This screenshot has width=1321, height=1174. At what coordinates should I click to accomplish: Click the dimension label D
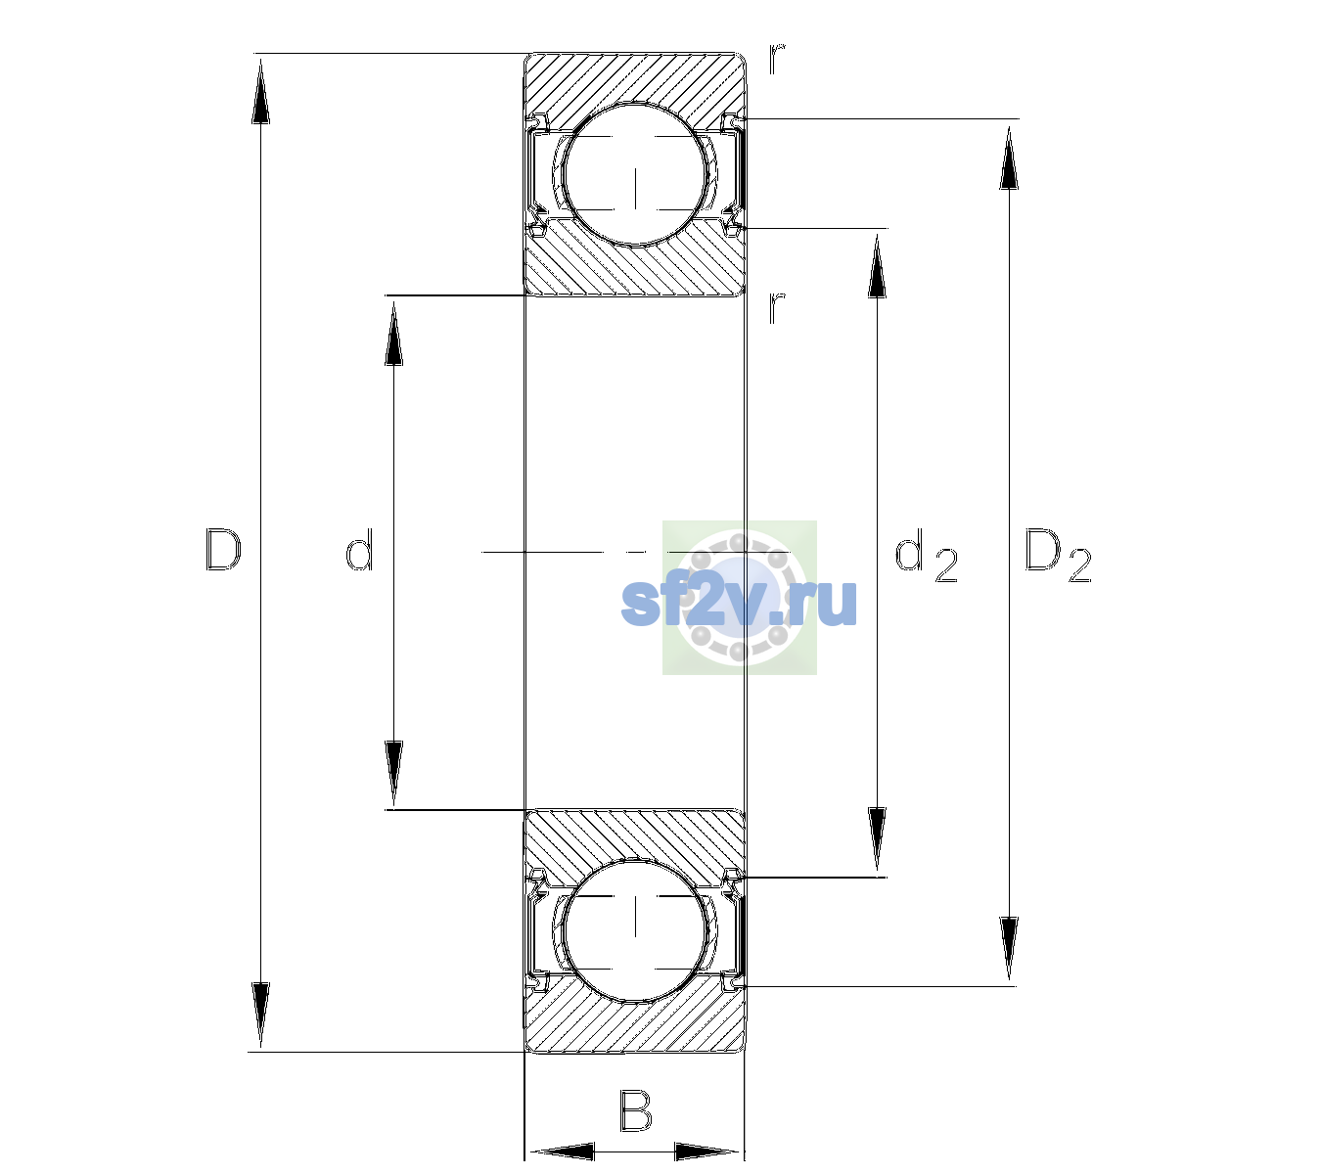coord(223,549)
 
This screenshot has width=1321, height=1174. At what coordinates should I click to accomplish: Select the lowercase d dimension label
coord(359,549)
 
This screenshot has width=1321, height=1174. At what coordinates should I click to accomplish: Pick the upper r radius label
coord(777,58)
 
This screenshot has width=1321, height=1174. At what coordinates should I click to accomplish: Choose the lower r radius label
coord(777,307)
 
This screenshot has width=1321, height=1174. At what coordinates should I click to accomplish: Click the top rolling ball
coord(635,175)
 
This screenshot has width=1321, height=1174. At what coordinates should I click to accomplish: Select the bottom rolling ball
coord(635,929)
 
